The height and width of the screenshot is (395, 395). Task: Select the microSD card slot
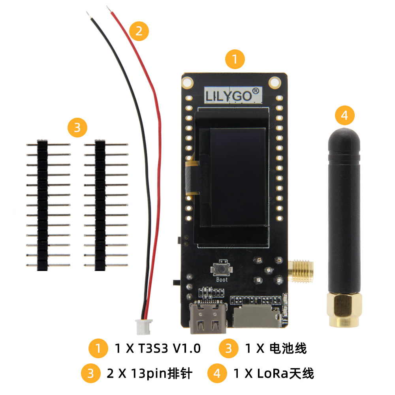point(254,318)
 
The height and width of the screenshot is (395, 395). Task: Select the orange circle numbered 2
point(139,30)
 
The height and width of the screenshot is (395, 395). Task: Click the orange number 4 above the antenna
point(344,115)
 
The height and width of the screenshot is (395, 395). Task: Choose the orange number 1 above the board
point(235,60)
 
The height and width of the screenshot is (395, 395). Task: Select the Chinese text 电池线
point(288,348)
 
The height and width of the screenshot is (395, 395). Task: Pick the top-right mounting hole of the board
point(275,82)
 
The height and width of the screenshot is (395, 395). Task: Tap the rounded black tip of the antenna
point(344,134)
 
